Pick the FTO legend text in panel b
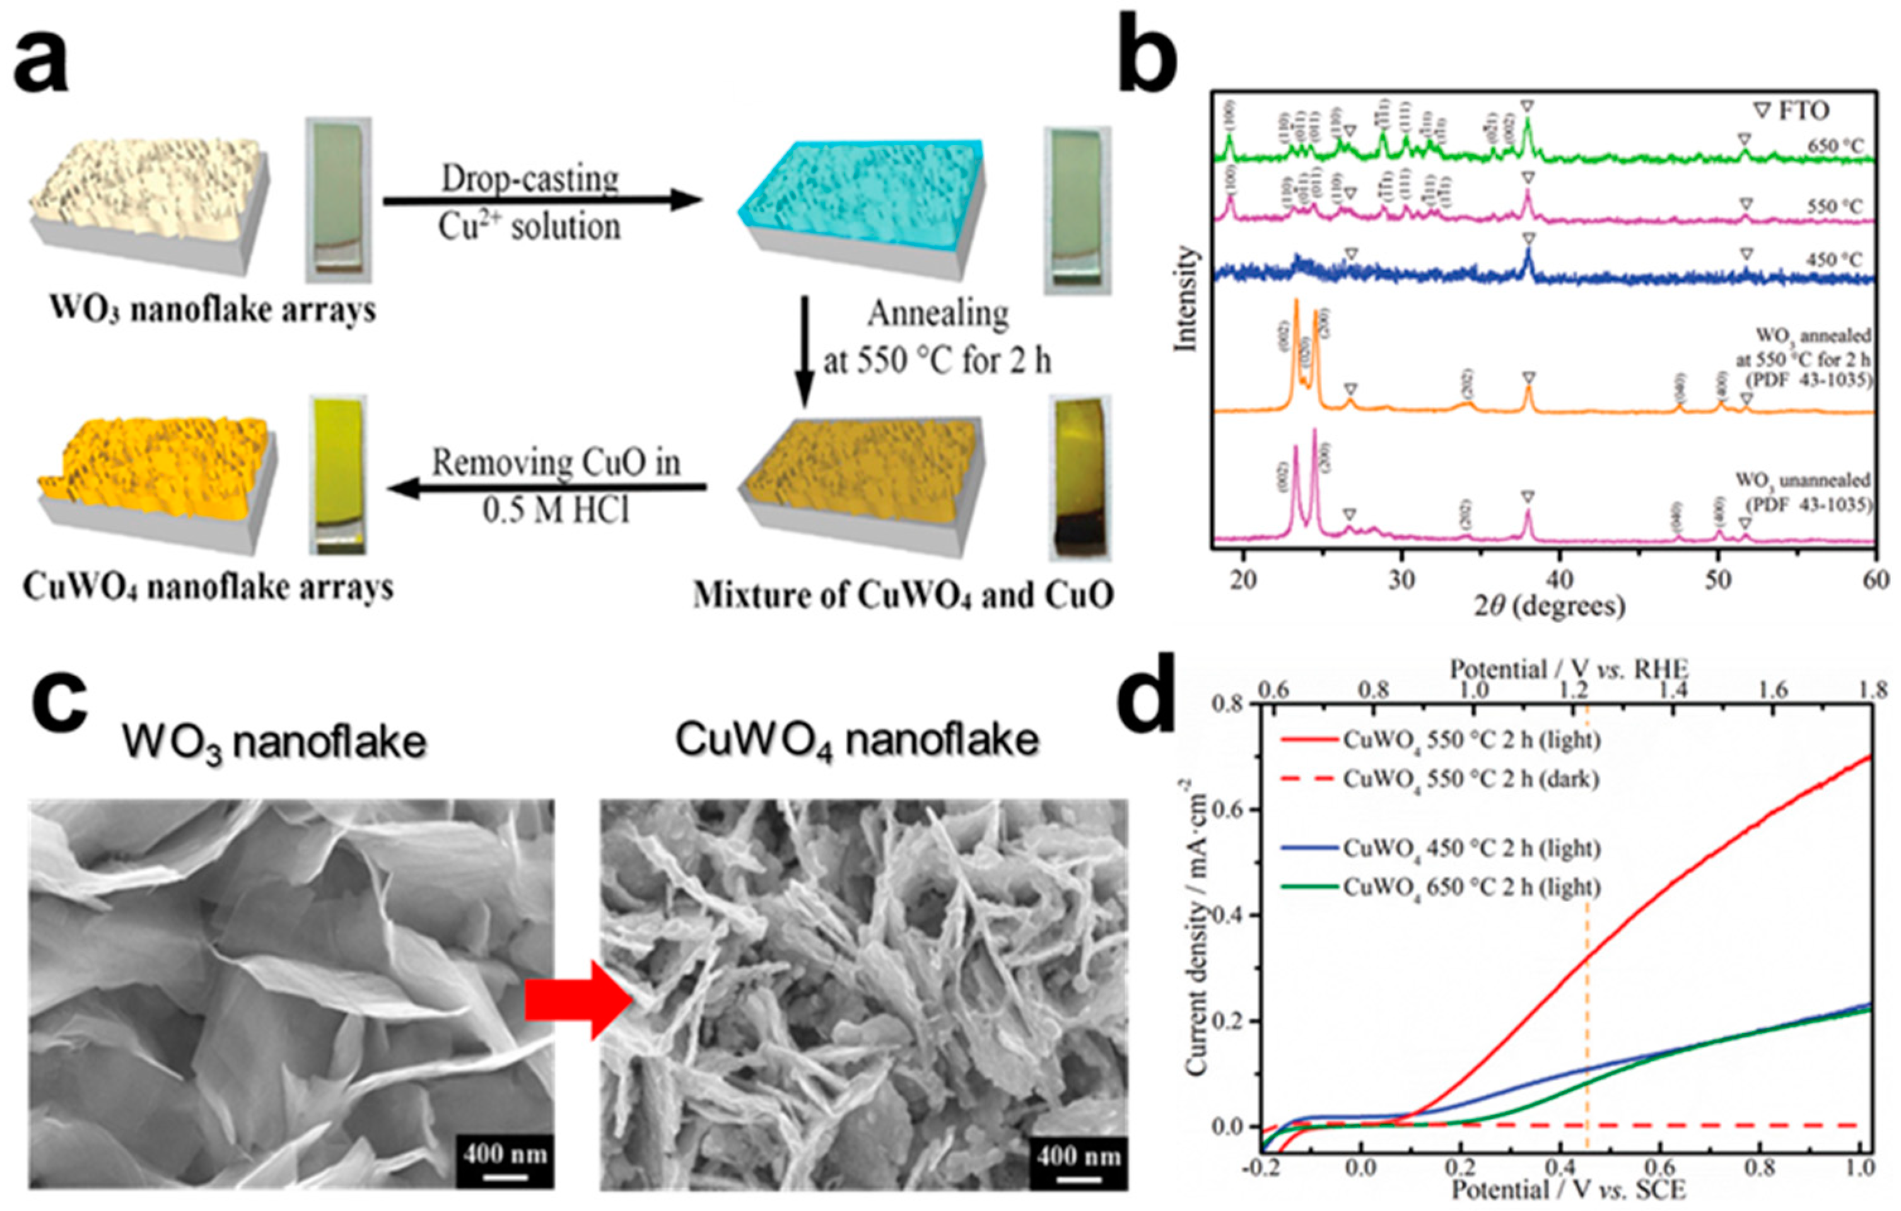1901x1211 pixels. pos(1792,110)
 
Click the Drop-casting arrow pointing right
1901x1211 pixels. pos(543,201)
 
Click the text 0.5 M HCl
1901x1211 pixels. pos(556,512)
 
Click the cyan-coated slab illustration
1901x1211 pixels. pos(860,207)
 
